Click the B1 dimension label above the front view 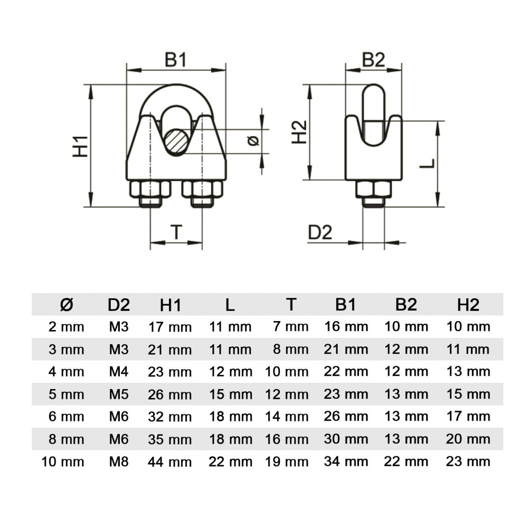point(175,60)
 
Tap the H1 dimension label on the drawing point(80,146)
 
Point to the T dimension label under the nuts point(176,232)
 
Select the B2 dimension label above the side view point(373,60)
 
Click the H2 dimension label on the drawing point(299,132)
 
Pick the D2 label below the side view point(320,232)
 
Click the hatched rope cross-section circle point(177,142)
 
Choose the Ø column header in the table point(67,305)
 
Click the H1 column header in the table point(171,305)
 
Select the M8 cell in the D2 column point(119,461)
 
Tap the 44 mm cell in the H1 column point(169,462)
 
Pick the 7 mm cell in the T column point(291,327)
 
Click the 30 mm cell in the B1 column point(346,439)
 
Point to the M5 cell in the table point(119,394)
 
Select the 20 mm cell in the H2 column point(468,439)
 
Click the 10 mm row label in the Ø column point(63,461)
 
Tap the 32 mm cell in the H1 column point(169,417)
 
